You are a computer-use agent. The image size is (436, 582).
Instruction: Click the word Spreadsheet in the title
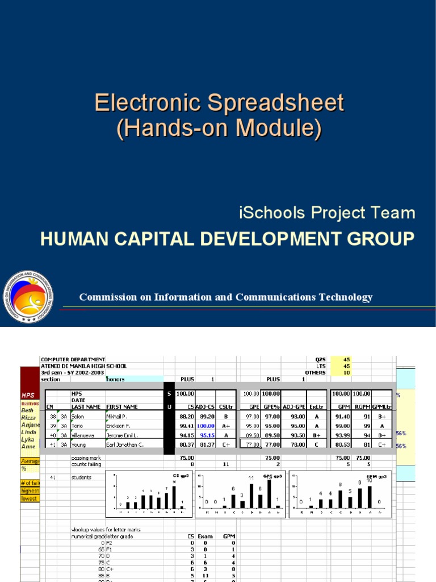[x=275, y=103]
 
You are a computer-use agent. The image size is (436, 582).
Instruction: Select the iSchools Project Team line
[x=326, y=213]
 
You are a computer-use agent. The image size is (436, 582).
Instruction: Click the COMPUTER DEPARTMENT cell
[x=73, y=359]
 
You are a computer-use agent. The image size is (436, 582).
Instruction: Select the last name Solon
[x=79, y=416]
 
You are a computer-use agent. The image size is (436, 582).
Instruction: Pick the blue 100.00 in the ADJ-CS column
[x=206, y=425]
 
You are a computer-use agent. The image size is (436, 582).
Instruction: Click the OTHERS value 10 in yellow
[x=347, y=373]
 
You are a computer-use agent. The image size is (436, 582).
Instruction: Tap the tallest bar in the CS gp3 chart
[x=174, y=497]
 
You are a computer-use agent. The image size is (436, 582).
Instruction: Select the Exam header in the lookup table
[x=206, y=535]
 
